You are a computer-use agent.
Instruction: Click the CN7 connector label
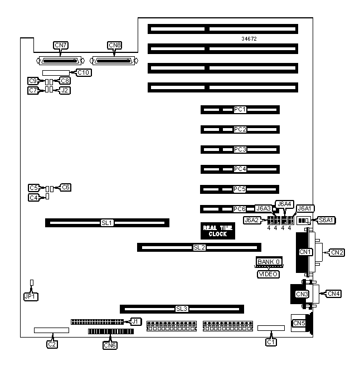click(x=60, y=45)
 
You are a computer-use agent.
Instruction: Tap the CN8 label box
click(x=114, y=45)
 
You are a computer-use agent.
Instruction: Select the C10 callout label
click(x=84, y=72)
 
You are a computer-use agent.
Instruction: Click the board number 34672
click(x=249, y=39)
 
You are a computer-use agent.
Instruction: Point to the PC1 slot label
click(x=240, y=110)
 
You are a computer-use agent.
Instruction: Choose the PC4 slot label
click(x=240, y=169)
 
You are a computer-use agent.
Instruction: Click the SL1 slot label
click(x=107, y=223)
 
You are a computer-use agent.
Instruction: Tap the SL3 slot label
click(x=182, y=309)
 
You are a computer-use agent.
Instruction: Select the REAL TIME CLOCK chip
click(x=217, y=231)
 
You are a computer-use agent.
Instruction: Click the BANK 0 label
click(x=269, y=261)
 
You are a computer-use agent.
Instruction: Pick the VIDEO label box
click(x=268, y=274)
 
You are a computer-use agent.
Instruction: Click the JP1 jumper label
click(x=30, y=296)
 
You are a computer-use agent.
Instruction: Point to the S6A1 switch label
click(x=325, y=221)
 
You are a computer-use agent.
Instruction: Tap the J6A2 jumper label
click(x=252, y=220)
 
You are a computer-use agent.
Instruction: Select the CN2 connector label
click(x=337, y=252)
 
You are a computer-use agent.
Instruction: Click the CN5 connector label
click(x=299, y=323)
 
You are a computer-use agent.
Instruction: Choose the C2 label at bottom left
click(x=52, y=344)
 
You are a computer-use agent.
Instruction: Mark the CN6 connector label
click(x=110, y=345)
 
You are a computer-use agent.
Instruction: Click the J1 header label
click(x=135, y=321)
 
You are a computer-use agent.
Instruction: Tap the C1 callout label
click(x=271, y=342)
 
